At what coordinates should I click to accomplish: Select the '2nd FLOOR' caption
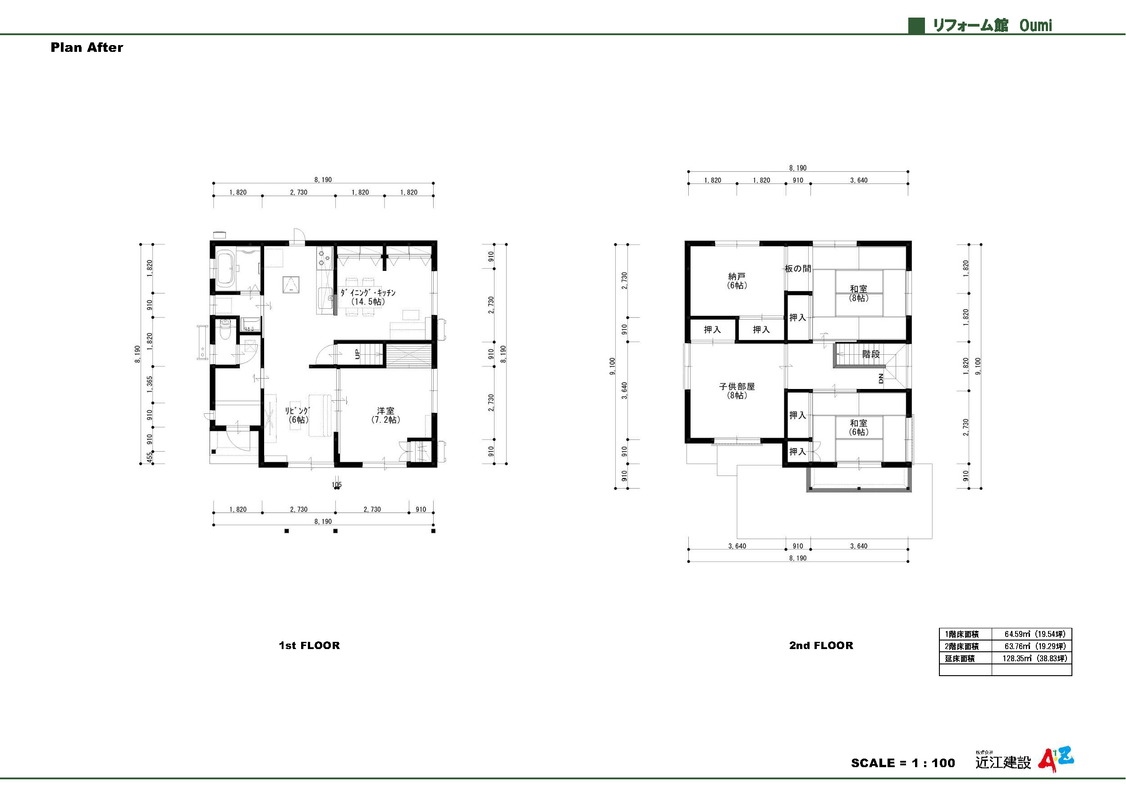click(x=821, y=645)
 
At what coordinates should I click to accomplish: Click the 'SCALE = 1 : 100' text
click(x=903, y=763)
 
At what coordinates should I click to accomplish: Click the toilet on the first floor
click(x=225, y=329)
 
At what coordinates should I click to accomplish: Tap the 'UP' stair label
click(x=357, y=354)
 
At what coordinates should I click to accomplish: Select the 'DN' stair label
click(x=881, y=378)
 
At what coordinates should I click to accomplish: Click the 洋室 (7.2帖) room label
click(x=385, y=415)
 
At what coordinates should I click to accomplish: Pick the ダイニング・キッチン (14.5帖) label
click(x=368, y=297)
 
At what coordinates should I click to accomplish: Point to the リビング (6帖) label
click(x=298, y=415)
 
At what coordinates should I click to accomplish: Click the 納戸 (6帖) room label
click(x=737, y=280)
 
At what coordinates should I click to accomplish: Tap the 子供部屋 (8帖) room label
click(x=737, y=391)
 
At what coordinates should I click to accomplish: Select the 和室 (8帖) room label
click(x=858, y=293)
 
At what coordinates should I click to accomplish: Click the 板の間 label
click(x=798, y=268)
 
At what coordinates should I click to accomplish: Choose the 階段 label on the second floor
click(x=871, y=354)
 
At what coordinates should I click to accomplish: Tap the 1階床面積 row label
click(x=962, y=634)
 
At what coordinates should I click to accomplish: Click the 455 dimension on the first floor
click(x=150, y=457)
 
